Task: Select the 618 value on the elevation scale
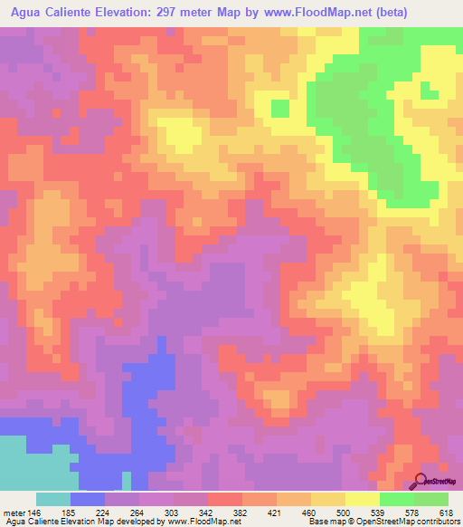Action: [444, 513]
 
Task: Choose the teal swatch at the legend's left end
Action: [53, 499]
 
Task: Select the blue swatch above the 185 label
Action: [88, 499]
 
